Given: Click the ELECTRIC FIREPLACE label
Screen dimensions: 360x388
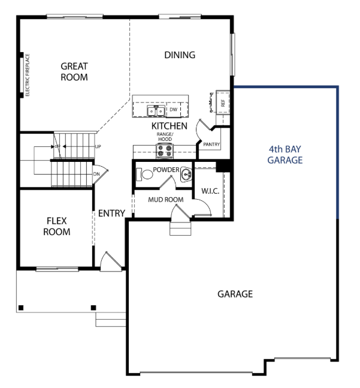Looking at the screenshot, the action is pyautogui.click(x=28, y=75).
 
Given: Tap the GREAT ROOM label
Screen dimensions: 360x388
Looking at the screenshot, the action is pyautogui.click(x=74, y=72).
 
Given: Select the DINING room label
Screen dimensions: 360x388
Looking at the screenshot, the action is pyautogui.click(x=180, y=55).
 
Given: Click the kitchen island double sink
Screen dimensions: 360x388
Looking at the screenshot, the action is pyautogui.click(x=156, y=110).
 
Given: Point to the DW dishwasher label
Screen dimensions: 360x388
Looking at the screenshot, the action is pyautogui.click(x=174, y=109).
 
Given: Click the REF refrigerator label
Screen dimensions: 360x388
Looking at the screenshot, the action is pyautogui.click(x=223, y=103).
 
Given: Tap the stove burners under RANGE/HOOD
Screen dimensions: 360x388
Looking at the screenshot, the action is pyautogui.click(x=165, y=151).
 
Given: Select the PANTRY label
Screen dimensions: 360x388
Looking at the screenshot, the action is pyautogui.click(x=211, y=145).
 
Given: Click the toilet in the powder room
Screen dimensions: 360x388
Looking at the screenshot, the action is pyautogui.click(x=145, y=174).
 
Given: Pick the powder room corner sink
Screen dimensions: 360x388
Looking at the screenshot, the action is pyautogui.click(x=186, y=175).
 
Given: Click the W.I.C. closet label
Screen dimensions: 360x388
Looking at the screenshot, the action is pyautogui.click(x=210, y=191).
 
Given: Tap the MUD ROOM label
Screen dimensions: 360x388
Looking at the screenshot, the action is pyautogui.click(x=166, y=200).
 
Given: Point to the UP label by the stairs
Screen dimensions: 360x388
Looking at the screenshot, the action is pyautogui.click(x=98, y=146).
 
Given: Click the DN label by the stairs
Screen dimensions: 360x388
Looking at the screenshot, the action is pyautogui.click(x=96, y=174).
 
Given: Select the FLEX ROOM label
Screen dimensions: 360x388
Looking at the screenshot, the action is pyautogui.click(x=57, y=227).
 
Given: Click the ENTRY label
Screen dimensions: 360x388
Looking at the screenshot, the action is pyautogui.click(x=111, y=213).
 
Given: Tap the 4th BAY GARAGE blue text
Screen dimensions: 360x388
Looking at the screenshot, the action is pyautogui.click(x=285, y=155).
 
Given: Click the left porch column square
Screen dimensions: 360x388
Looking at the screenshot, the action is pyautogui.click(x=21, y=308).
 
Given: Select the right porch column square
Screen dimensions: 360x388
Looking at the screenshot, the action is pyautogui.click(x=93, y=308).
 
